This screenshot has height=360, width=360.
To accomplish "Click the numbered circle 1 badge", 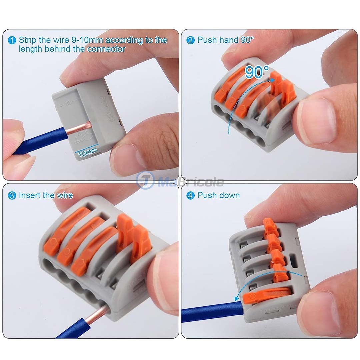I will coord(12,41).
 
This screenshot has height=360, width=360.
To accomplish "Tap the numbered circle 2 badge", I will coord(190,41).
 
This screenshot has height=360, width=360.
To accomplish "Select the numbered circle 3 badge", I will coord(12,196).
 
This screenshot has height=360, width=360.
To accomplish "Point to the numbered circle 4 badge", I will coord(190,196).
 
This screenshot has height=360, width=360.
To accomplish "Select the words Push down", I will coord(218,195).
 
